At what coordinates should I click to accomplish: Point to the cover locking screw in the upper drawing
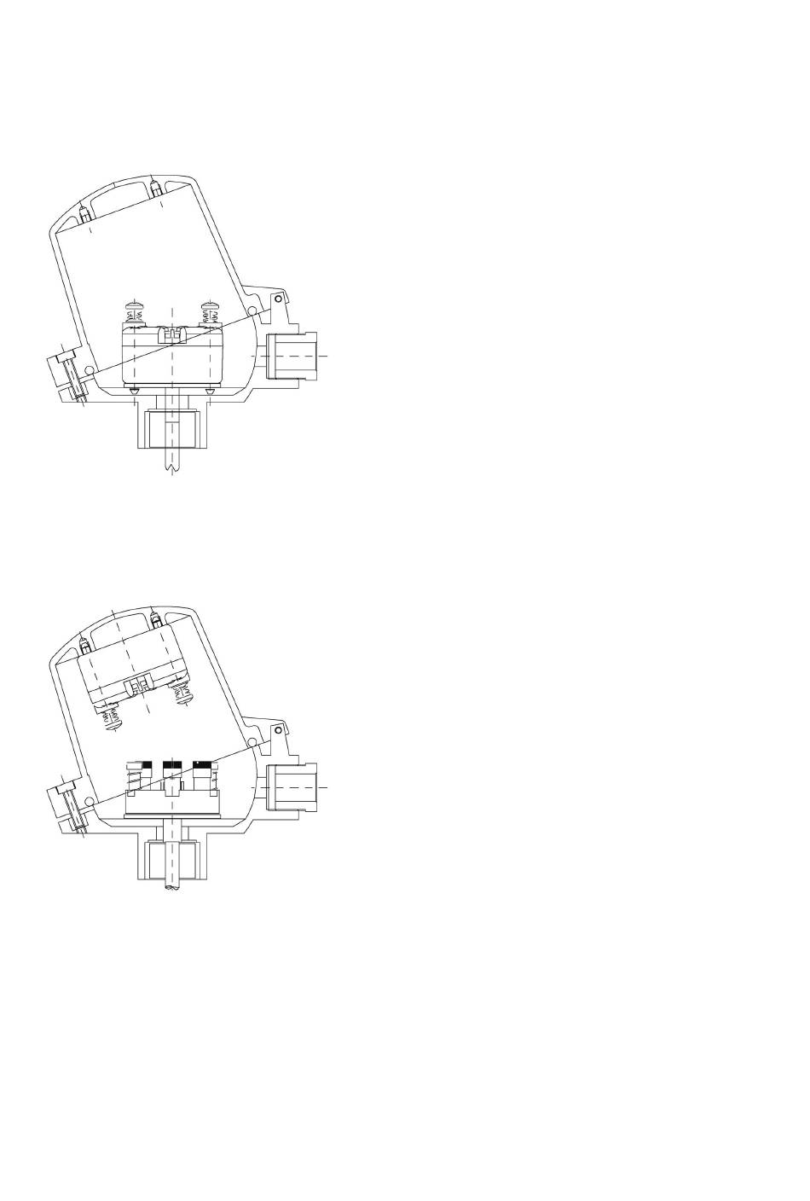click(x=71, y=376)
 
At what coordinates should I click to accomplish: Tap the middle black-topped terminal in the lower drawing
click(x=172, y=766)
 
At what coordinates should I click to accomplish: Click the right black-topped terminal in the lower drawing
click(x=203, y=766)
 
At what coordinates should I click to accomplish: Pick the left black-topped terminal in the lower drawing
click(x=142, y=766)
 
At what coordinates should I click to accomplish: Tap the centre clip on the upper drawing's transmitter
click(x=173, y=334)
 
